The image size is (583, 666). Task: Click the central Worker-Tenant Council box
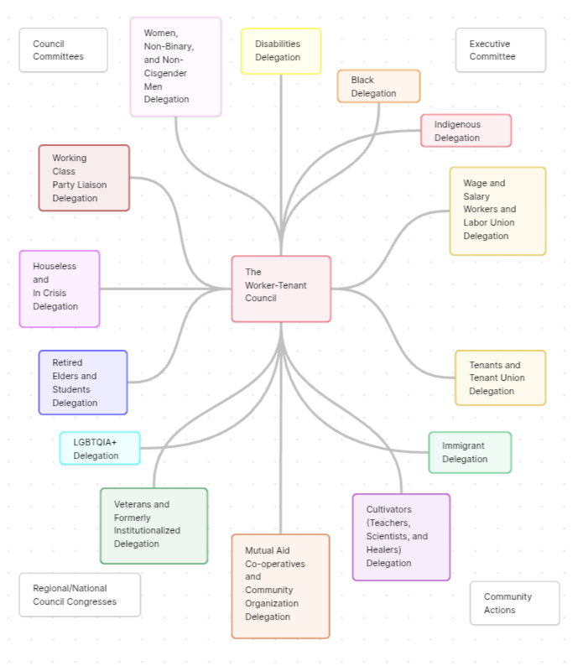(x=281, y=289)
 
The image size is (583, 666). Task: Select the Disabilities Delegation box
(x=281, y=51)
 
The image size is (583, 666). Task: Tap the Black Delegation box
(x=378, y=86)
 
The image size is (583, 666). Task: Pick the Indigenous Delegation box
(x=466, y=131)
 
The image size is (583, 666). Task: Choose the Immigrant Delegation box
(x=470, y=452)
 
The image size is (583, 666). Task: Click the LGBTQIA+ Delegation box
(x=100, y=449)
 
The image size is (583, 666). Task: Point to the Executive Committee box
(x=501, y=50)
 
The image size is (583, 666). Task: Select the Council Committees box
(x=63, y=50)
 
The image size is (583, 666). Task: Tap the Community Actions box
(x=514, y=603)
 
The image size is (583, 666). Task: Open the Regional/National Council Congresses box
(x=80, y=595)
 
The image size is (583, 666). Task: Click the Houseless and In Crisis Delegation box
(x=60, y=289)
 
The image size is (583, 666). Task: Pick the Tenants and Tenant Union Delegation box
(x=500, y=378)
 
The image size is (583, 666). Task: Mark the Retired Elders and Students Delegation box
(x=83, y=382)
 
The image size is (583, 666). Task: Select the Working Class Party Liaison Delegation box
(x=84, y=178)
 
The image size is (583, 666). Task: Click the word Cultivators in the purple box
(x=389, y=509)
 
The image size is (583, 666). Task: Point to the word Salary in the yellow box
(x=476, y=196)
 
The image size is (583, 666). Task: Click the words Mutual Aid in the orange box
(x=268, y=550)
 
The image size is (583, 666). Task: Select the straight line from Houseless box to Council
(x=166, y=289)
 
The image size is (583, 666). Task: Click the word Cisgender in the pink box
(x=165, y=73)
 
